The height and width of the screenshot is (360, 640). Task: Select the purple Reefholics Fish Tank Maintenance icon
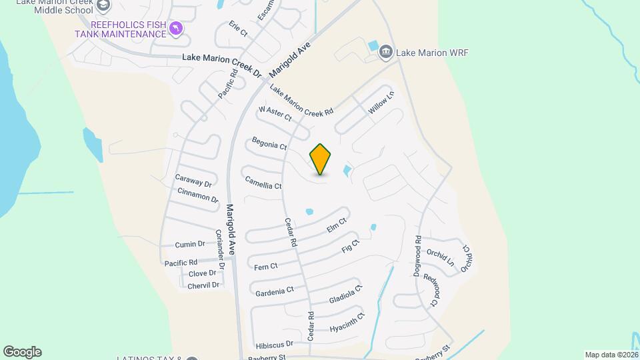[175, 28]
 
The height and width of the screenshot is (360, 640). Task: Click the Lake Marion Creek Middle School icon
[103, 6]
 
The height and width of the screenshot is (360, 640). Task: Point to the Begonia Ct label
[269, 143]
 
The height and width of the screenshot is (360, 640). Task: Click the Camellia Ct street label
[263, 182]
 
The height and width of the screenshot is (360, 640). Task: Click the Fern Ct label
[266, 267]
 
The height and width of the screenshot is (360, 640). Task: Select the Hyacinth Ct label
[347, 322]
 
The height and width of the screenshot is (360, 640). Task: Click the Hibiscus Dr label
[274, 345]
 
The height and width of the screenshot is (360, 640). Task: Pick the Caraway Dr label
[193, 180]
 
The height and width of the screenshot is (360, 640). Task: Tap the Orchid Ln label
[440, 258]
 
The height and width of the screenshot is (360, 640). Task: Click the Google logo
[22, 352]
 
